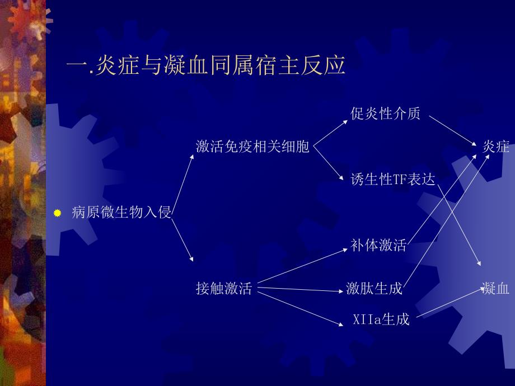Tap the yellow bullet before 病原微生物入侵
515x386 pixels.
[x=57, y=213]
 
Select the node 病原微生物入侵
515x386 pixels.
[x=121, y=213]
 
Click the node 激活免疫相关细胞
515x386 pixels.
[x=252, y=147]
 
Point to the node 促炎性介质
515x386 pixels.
[x=386, y=114]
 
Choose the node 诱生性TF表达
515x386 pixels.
[x=392, y=179]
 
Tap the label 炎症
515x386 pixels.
[x=496, y=147]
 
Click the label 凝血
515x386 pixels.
[x=496, y=289]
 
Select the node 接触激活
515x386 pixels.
[x=224, y=289]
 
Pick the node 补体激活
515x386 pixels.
[x=378, y=245]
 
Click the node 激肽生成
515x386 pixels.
[x=374, y=289]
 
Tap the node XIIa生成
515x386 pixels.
[x=381, y=319]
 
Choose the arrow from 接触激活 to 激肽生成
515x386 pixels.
[x=302, y=289]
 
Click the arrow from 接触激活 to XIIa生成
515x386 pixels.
[x=301, y=305]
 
